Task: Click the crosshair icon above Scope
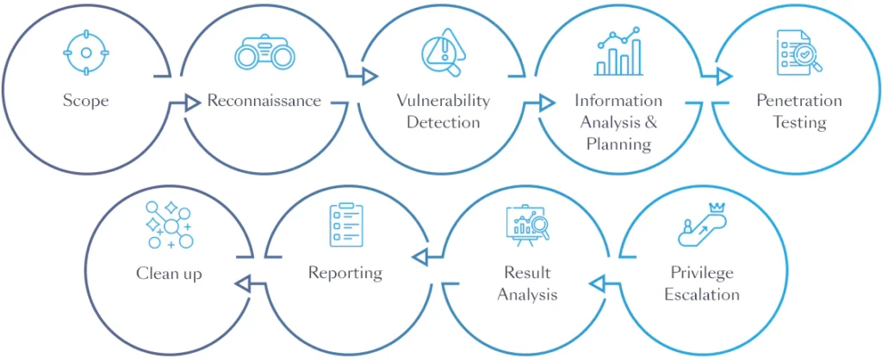86,53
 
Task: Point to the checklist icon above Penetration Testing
798,52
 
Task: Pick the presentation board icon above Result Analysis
527,226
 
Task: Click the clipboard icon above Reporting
345,226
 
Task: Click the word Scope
86,101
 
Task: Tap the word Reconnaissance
264,101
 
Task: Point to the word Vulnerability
443,100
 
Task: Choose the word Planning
618,144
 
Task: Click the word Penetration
798,101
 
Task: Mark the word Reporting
345,273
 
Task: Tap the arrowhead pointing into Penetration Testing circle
724,77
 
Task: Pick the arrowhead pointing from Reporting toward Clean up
243,282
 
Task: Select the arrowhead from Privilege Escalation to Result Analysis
597,282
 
